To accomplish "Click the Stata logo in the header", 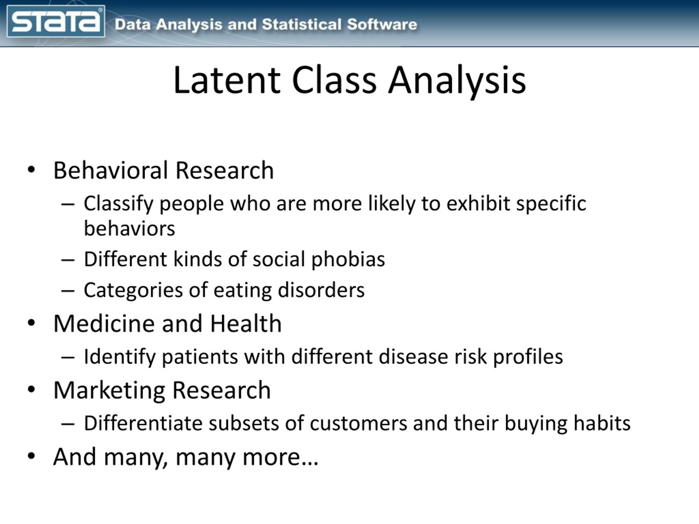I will [56, 22].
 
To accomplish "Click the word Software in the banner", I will [382, 25].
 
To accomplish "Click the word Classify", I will [119, 204].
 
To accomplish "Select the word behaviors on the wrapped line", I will [129, 228].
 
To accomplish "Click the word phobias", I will [348, 260].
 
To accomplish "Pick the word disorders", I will [321, 290].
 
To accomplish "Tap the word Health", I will [245, 324].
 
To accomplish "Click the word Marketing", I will [109, 390].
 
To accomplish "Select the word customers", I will [358, 423].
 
